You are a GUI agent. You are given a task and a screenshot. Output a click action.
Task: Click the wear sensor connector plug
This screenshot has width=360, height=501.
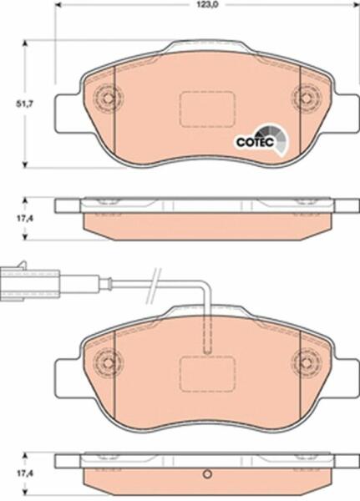29,281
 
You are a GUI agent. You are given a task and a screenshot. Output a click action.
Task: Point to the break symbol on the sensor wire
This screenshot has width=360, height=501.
153,286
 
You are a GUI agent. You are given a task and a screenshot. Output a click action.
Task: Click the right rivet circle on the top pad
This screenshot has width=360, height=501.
307,97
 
